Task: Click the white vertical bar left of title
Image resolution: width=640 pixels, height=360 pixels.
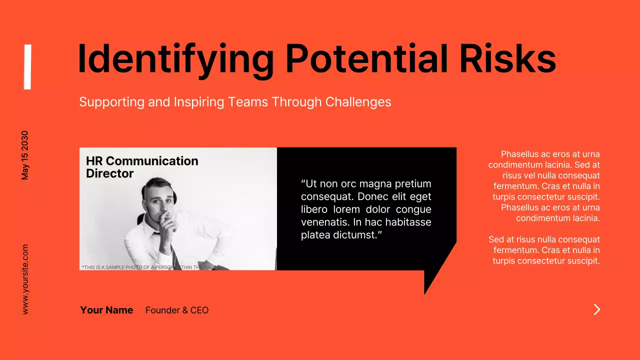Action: [x=27, y=67]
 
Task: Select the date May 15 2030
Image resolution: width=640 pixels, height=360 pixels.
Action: [x=25, y=155]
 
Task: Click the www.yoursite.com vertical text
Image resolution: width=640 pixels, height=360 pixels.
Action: [x=25, y=279]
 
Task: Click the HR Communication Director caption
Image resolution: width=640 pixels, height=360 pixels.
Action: [x=142, y=167]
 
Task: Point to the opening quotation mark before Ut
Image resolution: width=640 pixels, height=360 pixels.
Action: [x=303, y=183]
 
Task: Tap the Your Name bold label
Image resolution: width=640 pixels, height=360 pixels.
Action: [x=106, y=310]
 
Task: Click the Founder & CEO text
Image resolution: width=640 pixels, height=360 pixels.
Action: [x=177, y=310]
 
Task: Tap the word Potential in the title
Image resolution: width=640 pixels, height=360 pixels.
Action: [x=366, y=58]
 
